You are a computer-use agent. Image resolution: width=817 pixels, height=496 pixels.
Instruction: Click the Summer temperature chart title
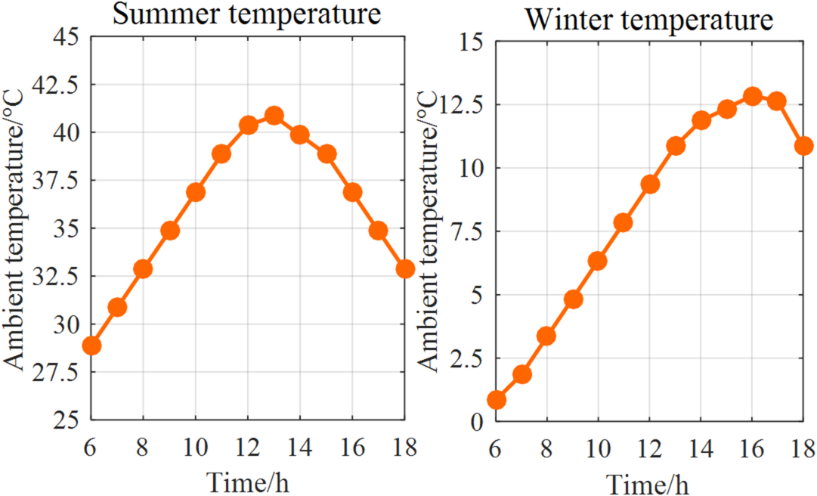(x=246, y=14)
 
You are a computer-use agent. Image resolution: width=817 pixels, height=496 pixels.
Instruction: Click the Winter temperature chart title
(x=649, y=20)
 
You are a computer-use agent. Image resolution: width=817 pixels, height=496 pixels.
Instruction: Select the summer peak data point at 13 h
(x=274, y=116)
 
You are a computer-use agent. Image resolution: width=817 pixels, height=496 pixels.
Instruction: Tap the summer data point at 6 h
(x=91, y=346)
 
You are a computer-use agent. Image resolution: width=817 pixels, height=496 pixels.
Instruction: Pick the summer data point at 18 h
(x=405, y=268)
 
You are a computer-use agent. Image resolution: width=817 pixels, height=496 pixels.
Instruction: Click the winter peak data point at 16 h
(x=752, y=96)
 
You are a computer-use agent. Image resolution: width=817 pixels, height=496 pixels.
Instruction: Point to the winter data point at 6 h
(x=496, y=400)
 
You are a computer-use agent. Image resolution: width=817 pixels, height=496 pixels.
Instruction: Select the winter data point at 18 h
(x=803, y=146)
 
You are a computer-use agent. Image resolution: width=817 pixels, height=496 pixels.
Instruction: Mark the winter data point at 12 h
(x=650, y=184)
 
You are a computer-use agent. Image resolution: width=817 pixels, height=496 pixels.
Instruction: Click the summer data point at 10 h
(x=196, y=192)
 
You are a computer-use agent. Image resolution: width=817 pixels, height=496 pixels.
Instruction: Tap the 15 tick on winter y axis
(x=470, y=42)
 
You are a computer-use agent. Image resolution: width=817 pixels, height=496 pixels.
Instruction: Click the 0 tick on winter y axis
(x=476, y=422)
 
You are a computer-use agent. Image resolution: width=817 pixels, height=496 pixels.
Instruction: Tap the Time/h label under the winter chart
(x=649, y=482)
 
